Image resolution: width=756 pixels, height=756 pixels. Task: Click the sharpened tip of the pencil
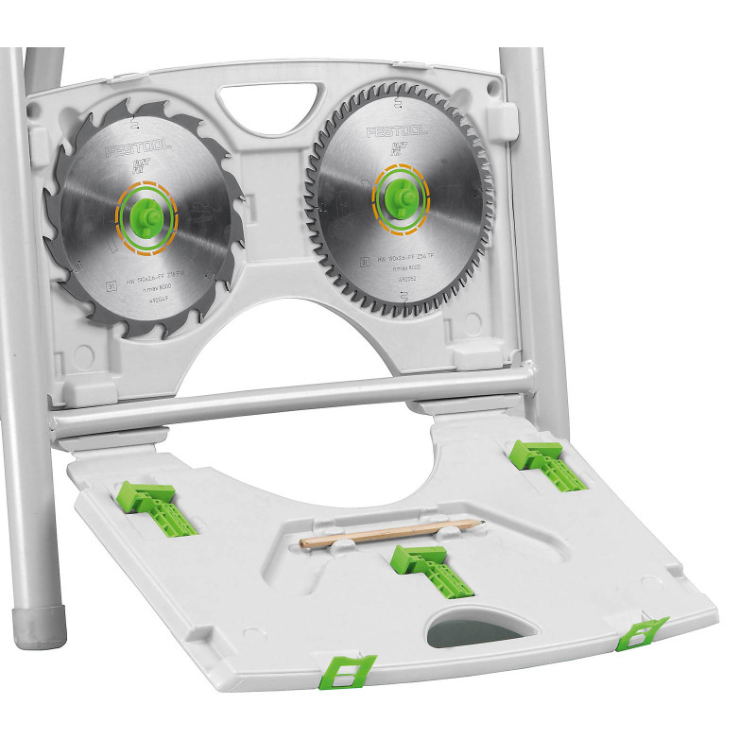pos(482,521)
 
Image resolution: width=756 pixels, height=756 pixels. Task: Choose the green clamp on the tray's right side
pos(545,463)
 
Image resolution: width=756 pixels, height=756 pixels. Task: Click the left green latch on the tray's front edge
pos(345,671)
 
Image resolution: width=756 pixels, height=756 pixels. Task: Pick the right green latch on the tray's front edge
pos(642,632)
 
